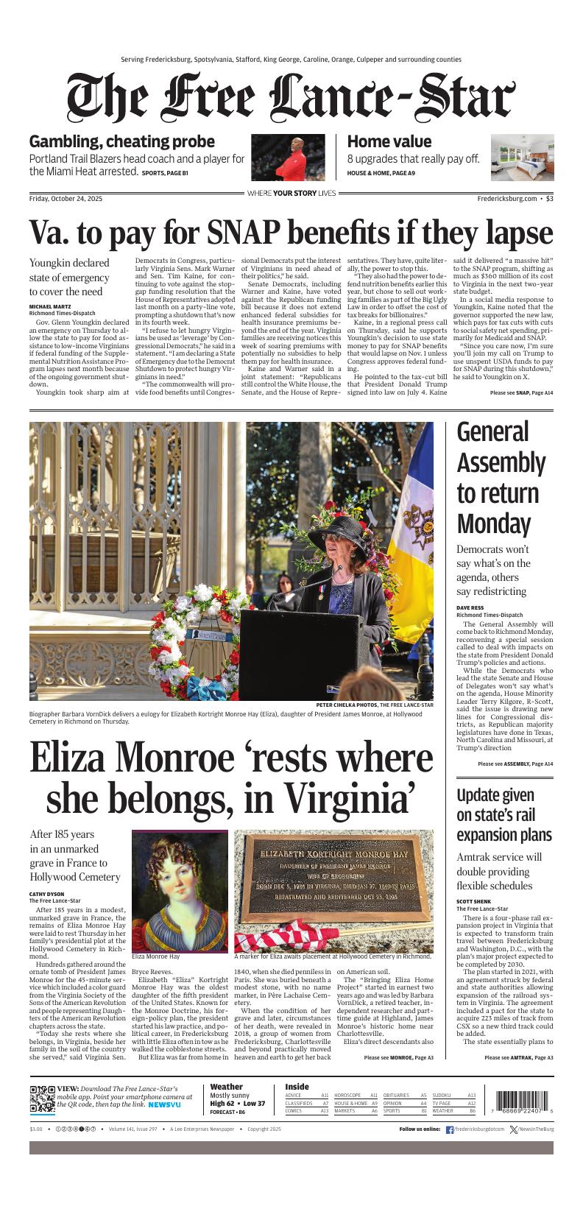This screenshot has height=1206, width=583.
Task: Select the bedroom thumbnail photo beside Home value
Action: point(522,158)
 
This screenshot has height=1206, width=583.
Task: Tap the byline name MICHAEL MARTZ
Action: point(49,306)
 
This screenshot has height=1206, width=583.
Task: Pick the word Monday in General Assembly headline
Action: point(493,523)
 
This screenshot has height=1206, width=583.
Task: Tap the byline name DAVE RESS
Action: point(470,608)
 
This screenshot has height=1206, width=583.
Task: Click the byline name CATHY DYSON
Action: point(46,895)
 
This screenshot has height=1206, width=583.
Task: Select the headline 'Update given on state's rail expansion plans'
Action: point(504,815)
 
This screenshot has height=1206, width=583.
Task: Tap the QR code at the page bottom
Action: point(43,1098)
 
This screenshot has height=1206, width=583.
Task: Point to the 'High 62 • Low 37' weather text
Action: point(237,1104)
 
